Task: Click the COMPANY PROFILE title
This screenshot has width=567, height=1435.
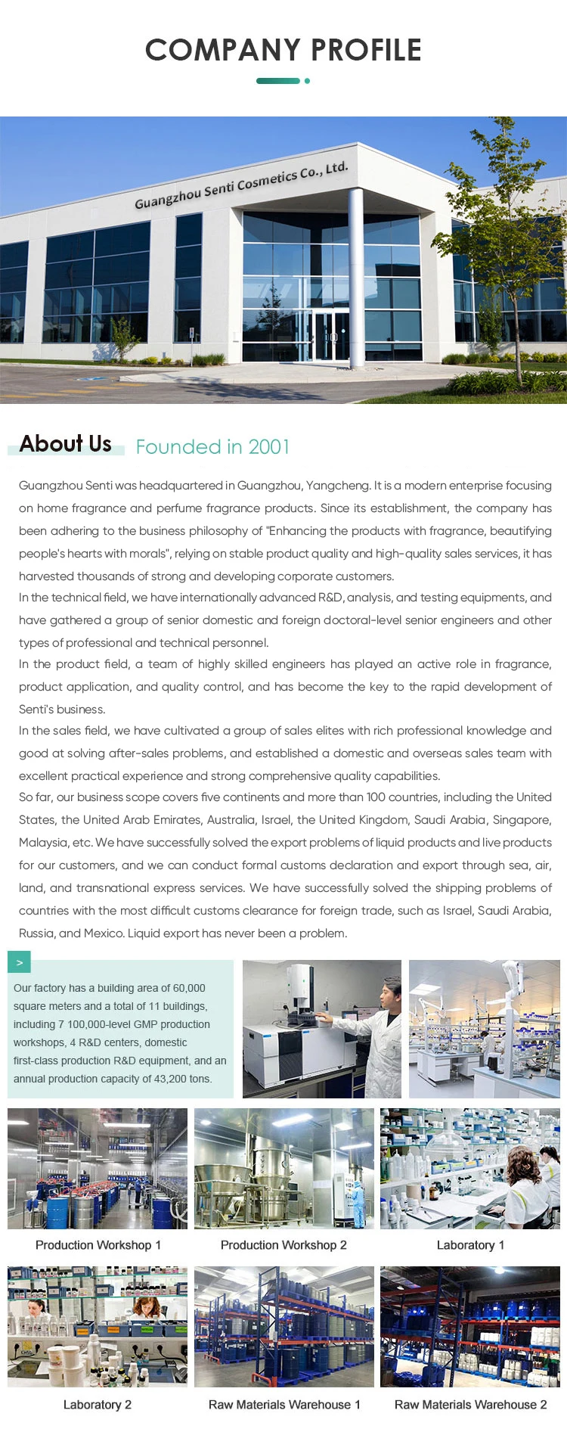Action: coord(283,50)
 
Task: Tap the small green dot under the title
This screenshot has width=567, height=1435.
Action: coord(307,81)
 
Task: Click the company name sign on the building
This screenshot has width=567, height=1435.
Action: coord(241,185)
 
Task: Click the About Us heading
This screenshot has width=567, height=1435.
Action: coord(66,444)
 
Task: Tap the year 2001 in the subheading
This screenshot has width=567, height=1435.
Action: coord(269,447)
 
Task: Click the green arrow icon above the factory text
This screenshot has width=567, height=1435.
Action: coord(19,962)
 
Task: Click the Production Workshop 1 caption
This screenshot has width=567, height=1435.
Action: coord(98,1245)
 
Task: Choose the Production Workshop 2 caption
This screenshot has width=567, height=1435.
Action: coord(283,1245)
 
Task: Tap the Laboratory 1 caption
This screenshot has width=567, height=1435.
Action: coord(470,1245)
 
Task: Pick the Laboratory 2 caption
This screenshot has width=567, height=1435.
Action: coord(98,1405)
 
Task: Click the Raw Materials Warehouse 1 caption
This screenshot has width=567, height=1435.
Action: coord(284,1405)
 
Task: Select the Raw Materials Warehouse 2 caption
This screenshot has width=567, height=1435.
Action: coord(470,1405)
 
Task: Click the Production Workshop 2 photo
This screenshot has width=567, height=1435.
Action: coord(283,1169)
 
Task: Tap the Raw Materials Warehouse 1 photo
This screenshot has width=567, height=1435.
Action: coord(283,1327)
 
